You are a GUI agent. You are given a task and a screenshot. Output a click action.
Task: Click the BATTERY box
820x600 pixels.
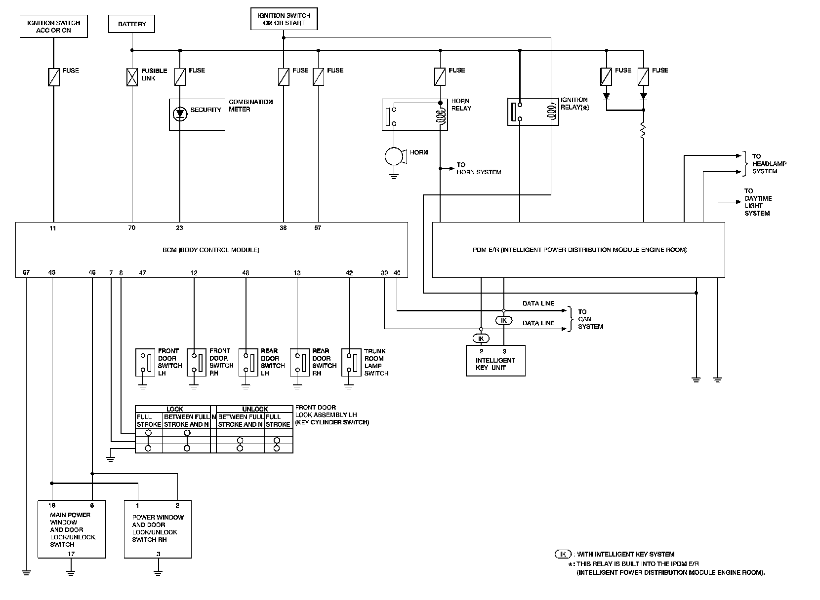(x=132, y=24)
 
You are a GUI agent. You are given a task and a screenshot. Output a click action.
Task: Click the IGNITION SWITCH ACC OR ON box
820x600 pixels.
(x=53, y=26)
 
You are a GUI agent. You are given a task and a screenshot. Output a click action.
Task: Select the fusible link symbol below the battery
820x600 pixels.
(x=132, y=77)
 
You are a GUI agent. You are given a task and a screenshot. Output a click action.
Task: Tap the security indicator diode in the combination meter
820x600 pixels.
(x=180, y=113)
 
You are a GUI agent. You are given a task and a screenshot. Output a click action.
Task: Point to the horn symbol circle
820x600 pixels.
(x=394, y=156)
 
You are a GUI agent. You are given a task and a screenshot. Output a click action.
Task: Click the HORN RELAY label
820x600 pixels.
(x=461, y=105)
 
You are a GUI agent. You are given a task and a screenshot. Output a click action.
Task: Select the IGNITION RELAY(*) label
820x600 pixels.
(x=574, y=104)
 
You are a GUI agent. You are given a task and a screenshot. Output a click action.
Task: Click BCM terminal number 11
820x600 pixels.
(x=53, y=228)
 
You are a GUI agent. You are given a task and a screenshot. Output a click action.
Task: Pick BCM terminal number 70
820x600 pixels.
(x=132, y=227)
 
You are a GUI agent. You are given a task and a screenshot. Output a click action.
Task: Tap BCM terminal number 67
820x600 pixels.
(x=26, y=272)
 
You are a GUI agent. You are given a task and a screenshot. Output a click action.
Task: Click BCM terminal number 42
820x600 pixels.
(x=349, y=273)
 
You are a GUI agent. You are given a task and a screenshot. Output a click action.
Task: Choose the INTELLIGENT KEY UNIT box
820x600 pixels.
(x=495, y=361)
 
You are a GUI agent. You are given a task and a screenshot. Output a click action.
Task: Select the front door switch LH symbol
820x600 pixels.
(x=145, y=362)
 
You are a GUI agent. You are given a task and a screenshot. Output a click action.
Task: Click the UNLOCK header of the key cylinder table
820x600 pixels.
(x=255, y=409)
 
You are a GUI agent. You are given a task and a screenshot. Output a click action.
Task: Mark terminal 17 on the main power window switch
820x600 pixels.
(x=71, y=554)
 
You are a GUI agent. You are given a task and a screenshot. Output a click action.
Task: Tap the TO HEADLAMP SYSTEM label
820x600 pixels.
(x=769, y=163)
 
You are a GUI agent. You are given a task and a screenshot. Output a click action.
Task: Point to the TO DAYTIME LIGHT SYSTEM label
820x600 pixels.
(x=758, y=202)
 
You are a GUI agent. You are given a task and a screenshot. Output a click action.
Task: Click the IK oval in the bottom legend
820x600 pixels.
(x=563, y=554)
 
